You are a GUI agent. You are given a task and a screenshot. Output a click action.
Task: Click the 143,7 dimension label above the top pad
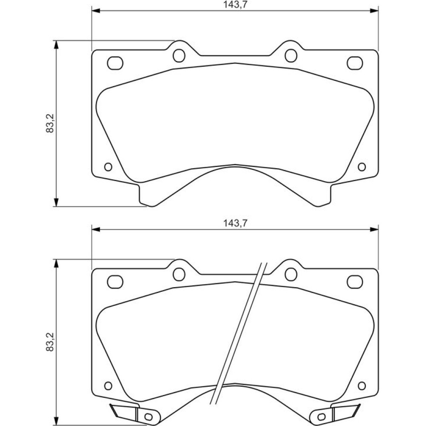click(x=235, y=5)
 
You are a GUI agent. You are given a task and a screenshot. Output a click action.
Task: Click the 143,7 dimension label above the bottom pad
click(x=235, y=223)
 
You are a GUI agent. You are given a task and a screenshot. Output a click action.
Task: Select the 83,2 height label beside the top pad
click(x=50, y=123)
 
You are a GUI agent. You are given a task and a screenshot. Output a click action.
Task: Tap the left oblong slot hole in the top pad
click(x=115, y=63)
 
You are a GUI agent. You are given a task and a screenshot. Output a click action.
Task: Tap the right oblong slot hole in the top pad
click(x=355, y=63)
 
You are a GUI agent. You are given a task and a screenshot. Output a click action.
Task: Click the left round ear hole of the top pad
click(x=179, y=55)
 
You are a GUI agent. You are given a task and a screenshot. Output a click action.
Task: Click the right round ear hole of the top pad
click(x=291, y=55)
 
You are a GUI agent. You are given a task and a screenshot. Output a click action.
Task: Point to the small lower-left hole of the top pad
click(x=108, y=167)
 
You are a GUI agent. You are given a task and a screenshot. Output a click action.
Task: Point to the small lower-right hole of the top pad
click(x=362, y=167)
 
